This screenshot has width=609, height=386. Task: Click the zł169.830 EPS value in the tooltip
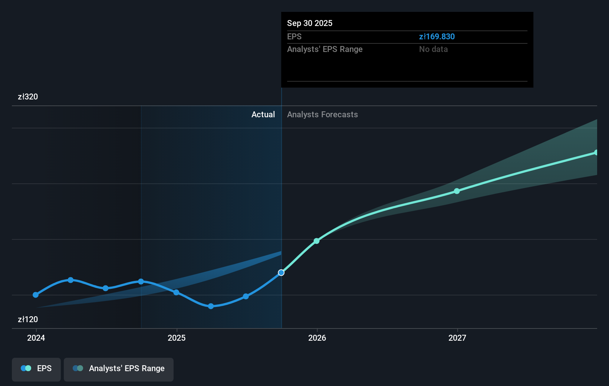(x=437, y=36)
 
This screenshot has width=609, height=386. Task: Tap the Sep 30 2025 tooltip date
(x=310, y=23)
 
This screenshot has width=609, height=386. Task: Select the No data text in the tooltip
(x=433, y=49)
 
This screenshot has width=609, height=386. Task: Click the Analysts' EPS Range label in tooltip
(x=325, y=49)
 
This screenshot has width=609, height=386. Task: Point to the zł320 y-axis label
(x=28, y=96)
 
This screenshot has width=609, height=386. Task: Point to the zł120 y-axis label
(x=28, y=319)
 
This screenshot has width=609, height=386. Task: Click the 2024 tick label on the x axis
(x=36, y=338)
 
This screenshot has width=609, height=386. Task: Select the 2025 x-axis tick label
(x=177, y=338)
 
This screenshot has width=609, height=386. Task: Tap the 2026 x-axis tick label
(x=317, y=338)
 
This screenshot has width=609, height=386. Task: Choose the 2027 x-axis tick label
(x=457, y=338)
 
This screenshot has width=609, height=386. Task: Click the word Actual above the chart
(x=263, y=114)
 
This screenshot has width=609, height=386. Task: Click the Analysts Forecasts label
(x=322, y=114)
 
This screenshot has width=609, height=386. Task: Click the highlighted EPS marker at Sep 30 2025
(x=281, y=272)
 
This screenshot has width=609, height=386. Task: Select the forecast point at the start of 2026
(x=317, y=241)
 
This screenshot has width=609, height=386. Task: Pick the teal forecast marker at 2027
(x=457, y=191)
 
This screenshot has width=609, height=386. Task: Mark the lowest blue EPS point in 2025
(x=211, y=306)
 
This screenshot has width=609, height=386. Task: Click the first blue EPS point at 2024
(x=36, y=295)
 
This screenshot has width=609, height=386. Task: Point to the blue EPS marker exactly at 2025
(x=176, y=292)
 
